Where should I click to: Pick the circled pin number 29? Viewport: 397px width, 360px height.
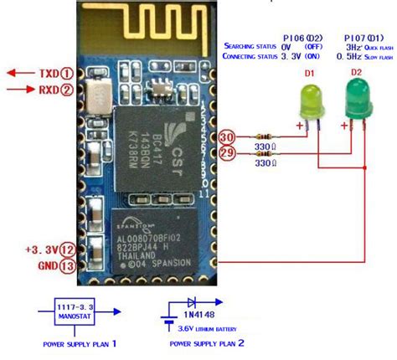[x=225, y=153]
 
